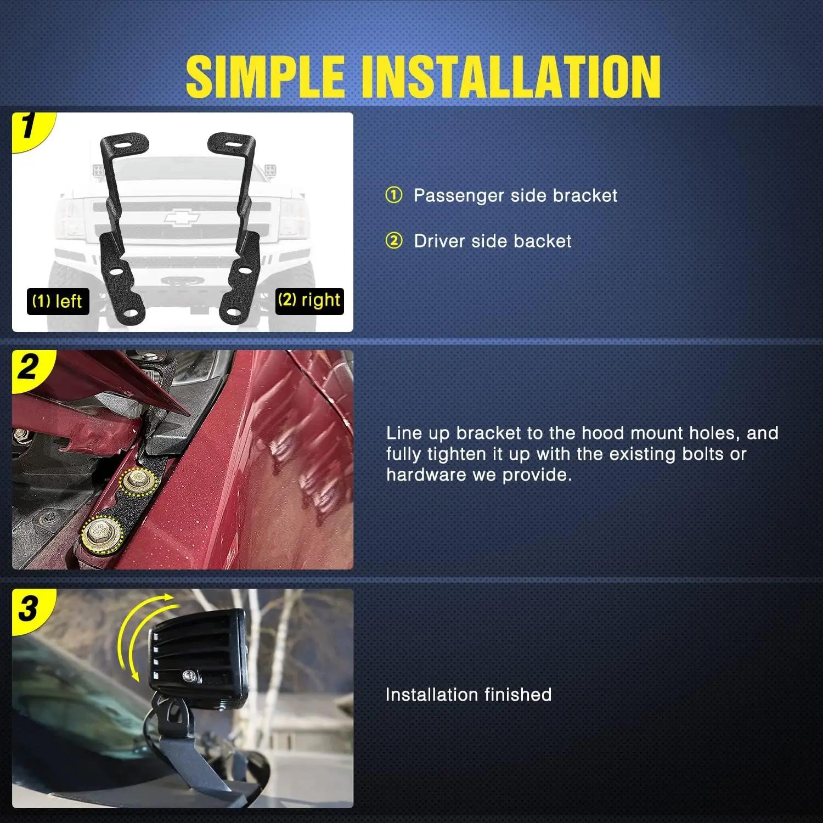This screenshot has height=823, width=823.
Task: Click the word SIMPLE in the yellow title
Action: (x=265, y=76)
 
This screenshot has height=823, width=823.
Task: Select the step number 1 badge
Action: (x=30, y=129)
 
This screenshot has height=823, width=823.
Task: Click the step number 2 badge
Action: (x=30, y=369)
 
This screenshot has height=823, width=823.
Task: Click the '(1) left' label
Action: (x=58, y=301)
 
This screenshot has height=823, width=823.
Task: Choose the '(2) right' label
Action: (x=309, y=301)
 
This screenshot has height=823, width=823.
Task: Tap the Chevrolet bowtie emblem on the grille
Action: (x=182, y=217)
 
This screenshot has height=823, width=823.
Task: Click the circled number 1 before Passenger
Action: (x=394, y=195)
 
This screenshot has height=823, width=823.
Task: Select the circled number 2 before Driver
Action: (x=394, y=240)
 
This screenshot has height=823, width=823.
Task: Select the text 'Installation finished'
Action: (x=469, y=695)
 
